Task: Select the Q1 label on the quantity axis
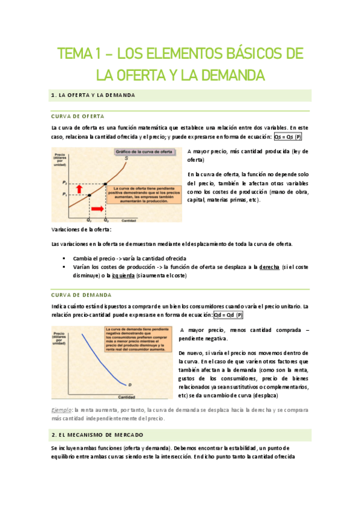[x=88, y=221]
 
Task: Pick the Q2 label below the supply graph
[x=105, y=221]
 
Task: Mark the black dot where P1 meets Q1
[x=89, y=195]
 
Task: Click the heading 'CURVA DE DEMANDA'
[x=82, y=295]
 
